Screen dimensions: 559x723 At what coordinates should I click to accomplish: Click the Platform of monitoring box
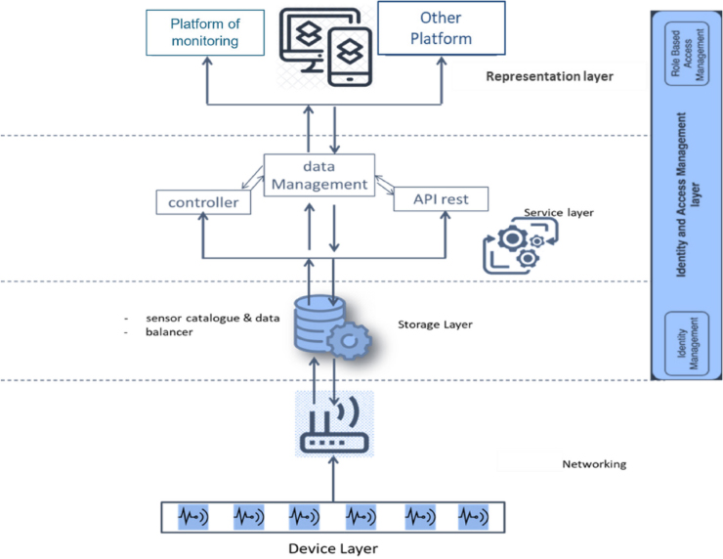205,32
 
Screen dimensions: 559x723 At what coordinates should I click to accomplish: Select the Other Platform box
441,29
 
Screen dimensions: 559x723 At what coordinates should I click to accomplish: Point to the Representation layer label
549,75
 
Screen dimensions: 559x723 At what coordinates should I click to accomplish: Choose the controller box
203,202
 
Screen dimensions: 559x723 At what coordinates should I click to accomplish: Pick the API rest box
439,199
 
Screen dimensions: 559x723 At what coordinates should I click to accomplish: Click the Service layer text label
559,211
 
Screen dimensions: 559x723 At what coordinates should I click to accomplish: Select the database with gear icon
325,325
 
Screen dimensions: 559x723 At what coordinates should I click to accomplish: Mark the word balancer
171,333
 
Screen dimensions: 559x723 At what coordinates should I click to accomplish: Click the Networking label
594,464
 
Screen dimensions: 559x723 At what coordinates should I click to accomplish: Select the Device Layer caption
333,547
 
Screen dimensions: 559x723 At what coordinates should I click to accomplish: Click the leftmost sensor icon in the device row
192,514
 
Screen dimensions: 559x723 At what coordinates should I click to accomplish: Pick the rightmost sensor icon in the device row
473,514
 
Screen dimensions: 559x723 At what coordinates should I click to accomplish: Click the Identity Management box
684,343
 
